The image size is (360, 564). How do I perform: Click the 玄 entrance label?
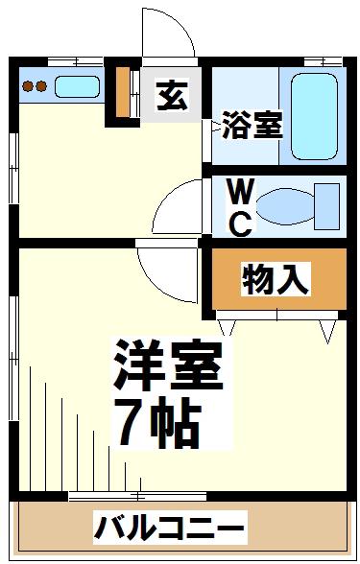tap(173, 96)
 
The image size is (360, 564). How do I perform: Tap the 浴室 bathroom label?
tap(252, 125)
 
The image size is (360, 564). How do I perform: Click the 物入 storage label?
tap(276, 279)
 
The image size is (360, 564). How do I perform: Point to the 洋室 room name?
tap(169, 364)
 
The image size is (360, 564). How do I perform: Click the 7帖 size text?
tap(158, 421)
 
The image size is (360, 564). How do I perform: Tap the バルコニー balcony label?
tap(169, 528)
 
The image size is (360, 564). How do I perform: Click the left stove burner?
tap(28, 86)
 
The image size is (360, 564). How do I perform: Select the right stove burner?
tap(41, 86)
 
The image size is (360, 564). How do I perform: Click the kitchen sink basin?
tap(77, 86)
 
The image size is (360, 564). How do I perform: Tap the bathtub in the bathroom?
tap(314, 116)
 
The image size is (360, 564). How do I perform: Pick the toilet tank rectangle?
tap(326, 206)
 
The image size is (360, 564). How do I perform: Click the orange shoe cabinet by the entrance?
tap(123, 92)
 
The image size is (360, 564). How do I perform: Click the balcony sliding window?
tap(137, 497)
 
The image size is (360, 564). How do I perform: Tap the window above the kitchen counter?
tap(76, 61)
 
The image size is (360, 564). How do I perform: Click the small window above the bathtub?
tap(324, 61)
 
